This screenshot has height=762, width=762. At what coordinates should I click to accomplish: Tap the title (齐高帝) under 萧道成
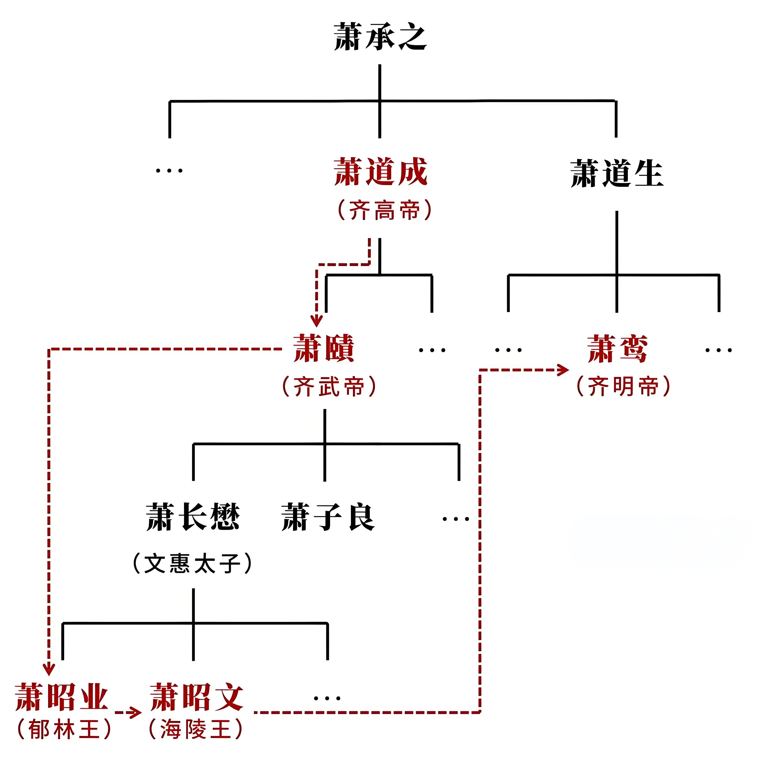coord(385,210)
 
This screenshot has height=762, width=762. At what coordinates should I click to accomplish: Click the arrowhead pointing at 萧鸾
coord(563,370)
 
